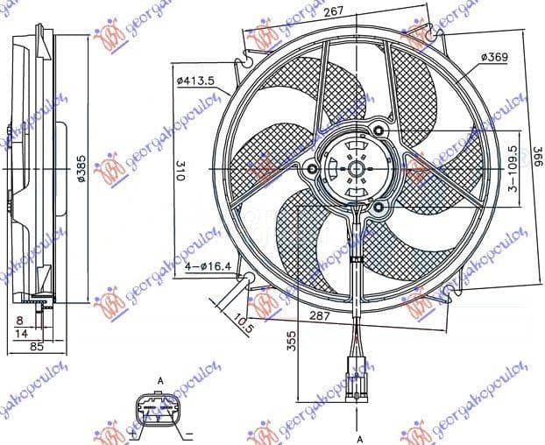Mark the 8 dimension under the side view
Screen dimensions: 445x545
pyautogui.click(x=20, y=321)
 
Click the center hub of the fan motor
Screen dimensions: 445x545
pyautogui.click(x=356, y=166)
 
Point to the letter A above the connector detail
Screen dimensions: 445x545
pyautogui.click(x=160, y=380)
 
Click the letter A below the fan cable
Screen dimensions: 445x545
pyautogui.click(x=358, y=436)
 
